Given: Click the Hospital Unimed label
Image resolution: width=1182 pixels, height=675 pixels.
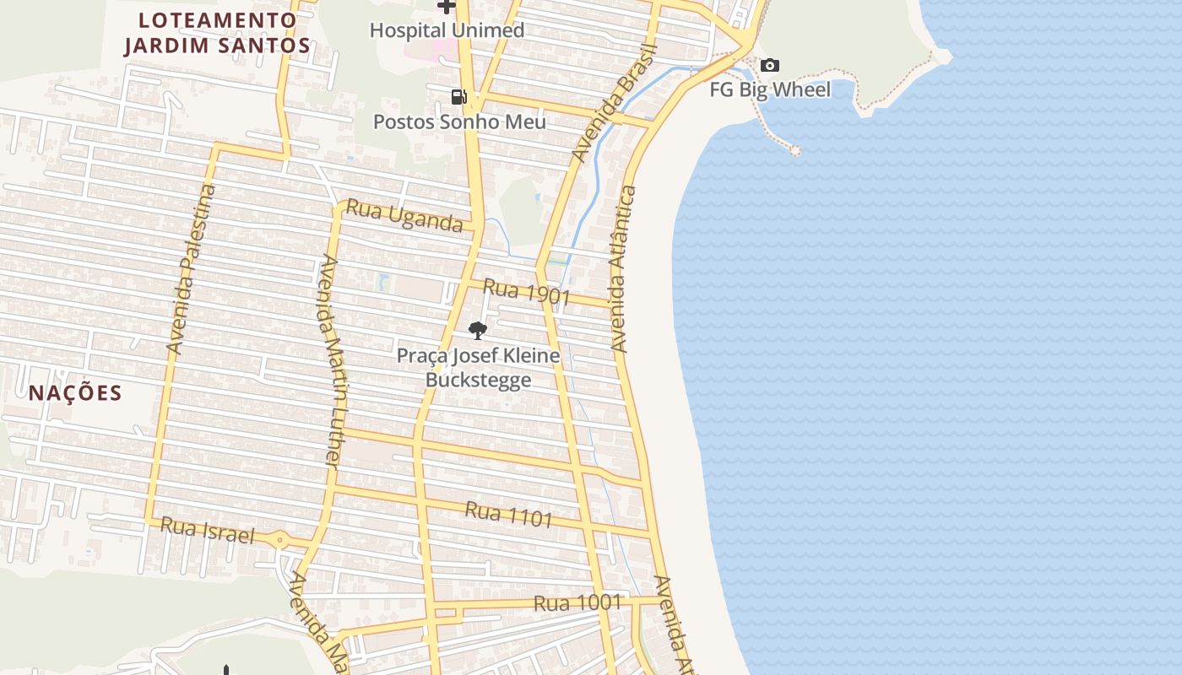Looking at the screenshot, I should (x=447, y=30).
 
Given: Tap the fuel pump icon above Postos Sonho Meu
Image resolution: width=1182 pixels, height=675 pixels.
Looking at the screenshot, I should (x=458, y=97).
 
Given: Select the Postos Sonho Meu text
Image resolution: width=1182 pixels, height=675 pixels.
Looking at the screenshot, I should (x=459, y=121).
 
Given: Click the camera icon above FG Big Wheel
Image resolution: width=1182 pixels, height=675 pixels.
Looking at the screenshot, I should (x=770, y=66).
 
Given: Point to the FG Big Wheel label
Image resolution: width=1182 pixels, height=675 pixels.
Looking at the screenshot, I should (x=770, y=89).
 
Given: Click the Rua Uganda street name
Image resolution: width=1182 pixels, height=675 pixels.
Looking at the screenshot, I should (x=405, y=216).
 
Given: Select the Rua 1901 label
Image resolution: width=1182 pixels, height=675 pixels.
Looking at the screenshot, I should (x=527, y=293).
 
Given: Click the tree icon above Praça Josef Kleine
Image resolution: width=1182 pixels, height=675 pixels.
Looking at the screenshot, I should (x=478, y=330).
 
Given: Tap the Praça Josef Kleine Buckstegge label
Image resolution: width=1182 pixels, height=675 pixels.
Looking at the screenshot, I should (x=478, y=367).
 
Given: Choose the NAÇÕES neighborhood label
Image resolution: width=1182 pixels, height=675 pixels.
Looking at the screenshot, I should (x=75, y=393).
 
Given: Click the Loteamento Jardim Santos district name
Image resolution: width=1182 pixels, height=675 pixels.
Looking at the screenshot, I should (x=218, y=33).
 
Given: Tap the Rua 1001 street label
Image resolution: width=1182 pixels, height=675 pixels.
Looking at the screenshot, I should (x=577, y=603).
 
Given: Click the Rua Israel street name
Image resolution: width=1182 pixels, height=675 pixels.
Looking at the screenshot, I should (x=207, y=531).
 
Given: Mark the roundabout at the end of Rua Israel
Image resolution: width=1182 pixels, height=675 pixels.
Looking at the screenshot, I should (x=281, y=539).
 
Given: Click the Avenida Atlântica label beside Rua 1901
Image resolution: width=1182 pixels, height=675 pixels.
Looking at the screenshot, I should (x=623, y=269).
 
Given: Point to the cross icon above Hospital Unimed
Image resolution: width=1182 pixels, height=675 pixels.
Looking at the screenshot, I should (x=447, y=7).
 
